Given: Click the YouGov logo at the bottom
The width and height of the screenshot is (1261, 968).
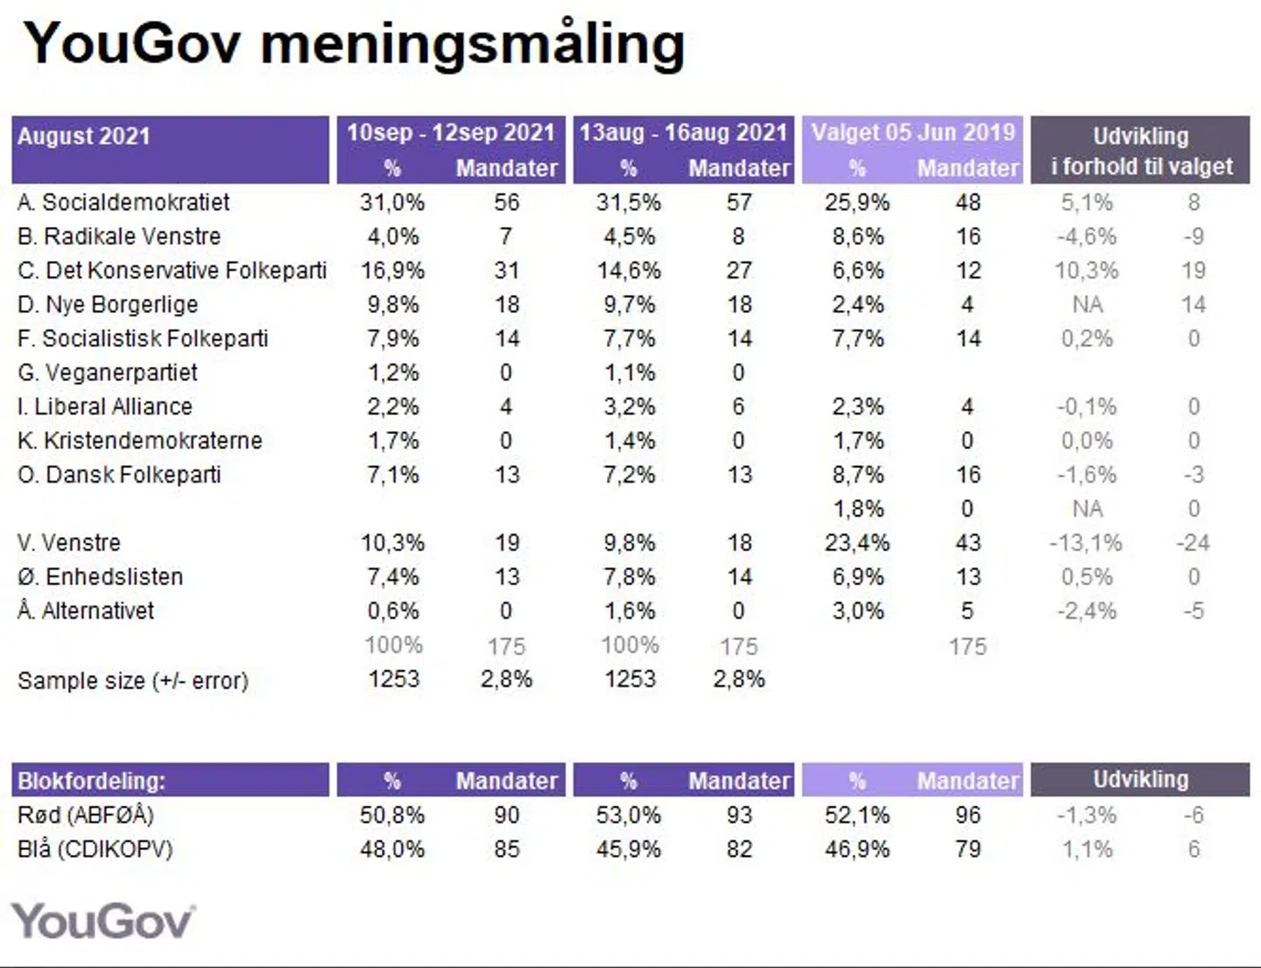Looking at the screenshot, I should (x=103, y=922).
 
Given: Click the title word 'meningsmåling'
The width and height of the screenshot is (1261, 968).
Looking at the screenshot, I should (x=472, y=44).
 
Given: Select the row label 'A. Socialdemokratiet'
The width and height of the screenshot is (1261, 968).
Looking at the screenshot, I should (x=123, y=202).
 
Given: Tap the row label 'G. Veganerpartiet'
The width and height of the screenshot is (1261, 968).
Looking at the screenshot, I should (x=108, y=372).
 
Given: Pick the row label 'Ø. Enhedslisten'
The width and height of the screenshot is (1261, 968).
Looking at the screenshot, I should (x=101, y=576).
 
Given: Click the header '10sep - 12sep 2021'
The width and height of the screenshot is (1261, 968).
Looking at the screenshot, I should (x=451, y=132).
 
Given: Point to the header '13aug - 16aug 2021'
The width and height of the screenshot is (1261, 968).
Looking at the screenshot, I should (x=683, y=132).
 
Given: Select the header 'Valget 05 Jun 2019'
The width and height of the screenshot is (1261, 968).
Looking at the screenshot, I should (x=912, y=132).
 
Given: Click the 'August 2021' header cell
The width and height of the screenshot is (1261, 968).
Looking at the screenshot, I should (x=84, y=136).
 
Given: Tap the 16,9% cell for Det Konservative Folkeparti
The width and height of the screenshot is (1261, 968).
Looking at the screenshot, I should (x=392, y=271).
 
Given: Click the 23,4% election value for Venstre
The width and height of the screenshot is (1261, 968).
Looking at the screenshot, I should (x=856, y=543).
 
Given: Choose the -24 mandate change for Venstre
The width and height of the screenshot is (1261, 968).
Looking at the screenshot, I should (x=1193, y=543).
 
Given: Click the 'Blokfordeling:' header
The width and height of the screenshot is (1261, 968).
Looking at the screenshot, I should (x=92, y=781).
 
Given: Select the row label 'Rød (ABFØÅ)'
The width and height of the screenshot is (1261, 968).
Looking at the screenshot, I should (x=86, y=816).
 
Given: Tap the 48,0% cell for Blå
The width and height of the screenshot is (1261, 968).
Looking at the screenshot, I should (x=392, y=850).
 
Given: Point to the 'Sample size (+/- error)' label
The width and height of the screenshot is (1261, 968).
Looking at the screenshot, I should (x=133, y=681).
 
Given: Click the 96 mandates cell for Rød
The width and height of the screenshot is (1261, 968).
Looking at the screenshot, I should (x=968, y=816).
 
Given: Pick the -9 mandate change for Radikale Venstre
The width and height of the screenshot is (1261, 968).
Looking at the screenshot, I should (x=1193, y=237).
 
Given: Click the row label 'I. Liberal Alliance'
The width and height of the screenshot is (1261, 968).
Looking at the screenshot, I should (x=105, y=406).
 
